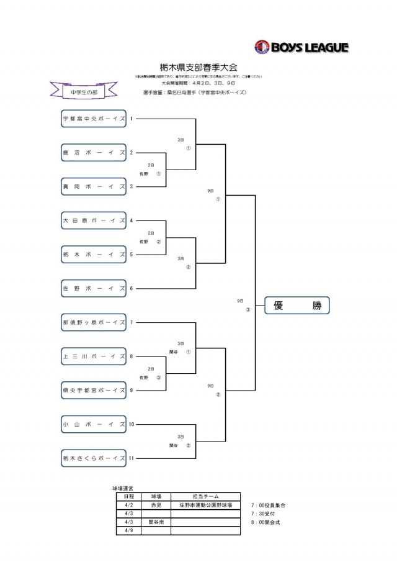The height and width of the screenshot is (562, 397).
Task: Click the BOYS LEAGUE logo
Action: tap(301, 47)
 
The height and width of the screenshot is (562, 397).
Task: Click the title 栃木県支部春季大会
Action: tap(198, 67)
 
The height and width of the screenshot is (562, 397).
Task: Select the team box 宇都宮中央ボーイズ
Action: tap(94, 118)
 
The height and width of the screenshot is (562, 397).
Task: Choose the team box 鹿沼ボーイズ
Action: tap(94, 152)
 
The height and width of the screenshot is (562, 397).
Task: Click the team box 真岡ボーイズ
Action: tap(94, 186)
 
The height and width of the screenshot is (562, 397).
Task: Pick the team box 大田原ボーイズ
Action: tap(94, 220)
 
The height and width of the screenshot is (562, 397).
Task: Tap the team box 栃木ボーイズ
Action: tap(94, 255)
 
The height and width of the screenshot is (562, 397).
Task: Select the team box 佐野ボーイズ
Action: tap(94, 288)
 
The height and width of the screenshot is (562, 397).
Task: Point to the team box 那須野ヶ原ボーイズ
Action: tap(94, 322)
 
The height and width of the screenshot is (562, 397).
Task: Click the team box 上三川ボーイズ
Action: tap(94, 356)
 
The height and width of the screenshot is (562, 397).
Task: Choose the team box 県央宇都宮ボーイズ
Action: tap(94, 391)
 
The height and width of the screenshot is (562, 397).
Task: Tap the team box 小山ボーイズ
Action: tap(94, 425)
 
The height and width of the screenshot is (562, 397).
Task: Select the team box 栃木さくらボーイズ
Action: tap(94, 458)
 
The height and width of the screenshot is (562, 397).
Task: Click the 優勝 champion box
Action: tap(297, 306)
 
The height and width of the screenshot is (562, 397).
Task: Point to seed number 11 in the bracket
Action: tap(132, 458)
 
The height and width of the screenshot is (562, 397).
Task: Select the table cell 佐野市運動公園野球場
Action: tap(205, 505)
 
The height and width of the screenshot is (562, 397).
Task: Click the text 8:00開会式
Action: tap(265, 522)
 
